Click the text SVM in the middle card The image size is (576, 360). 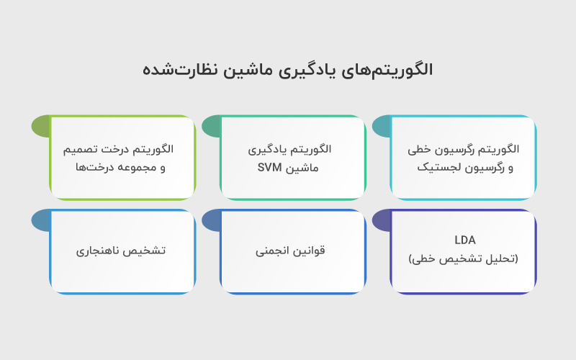pyautogui.click(x=270, y=168)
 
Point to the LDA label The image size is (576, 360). pyautogui.click(x=465, y=240)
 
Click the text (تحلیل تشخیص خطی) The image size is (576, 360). pyautogui.click(x=464, y=258)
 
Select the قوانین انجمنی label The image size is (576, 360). pyautogui.click(x=290, y=251)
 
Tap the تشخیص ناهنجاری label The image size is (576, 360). pyautogui.click(x=121, y=251)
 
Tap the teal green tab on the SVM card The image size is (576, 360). pyautogui.click(x=211, y=127)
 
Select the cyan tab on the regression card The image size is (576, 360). pyautogui.click(x=382, y=127)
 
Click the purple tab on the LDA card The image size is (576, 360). pyautogui.click(x=382, y=220)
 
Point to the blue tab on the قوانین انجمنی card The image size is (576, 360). pyautogui.click(x=211, y=220)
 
